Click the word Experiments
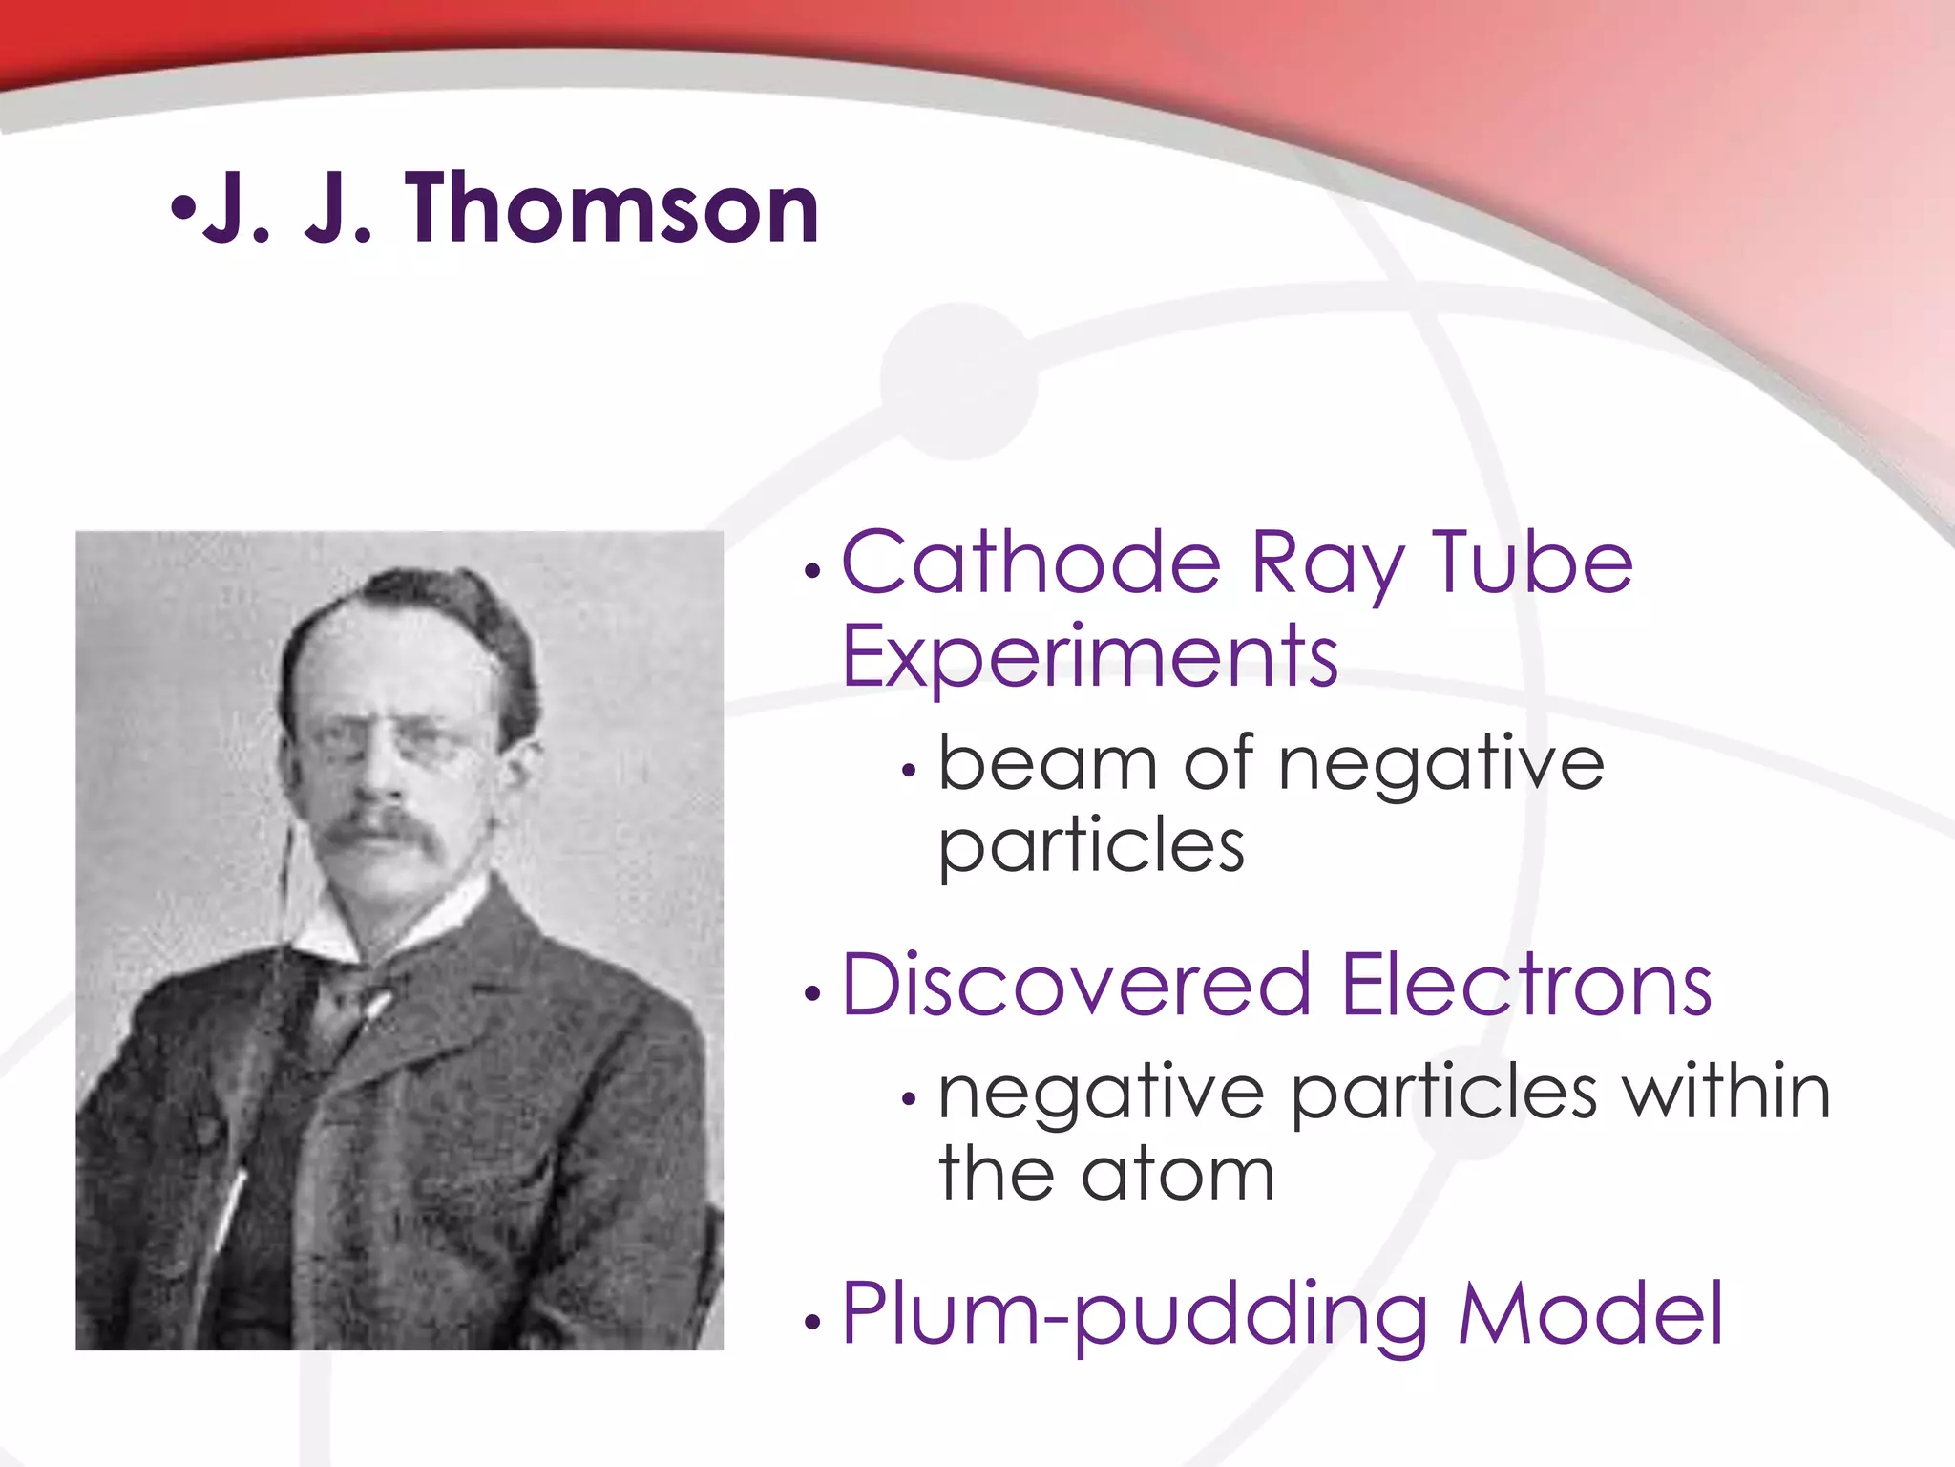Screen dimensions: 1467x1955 pos(1089,656)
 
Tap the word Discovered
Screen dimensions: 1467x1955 pos(1076,985)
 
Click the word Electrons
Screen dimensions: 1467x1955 pos(1525,985)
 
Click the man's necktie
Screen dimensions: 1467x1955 pos(355,1003)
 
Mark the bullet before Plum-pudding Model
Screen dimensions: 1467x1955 pos(812,1323)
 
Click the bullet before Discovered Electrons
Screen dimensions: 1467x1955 pos(812,994)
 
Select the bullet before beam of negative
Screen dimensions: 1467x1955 pos(909,771)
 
